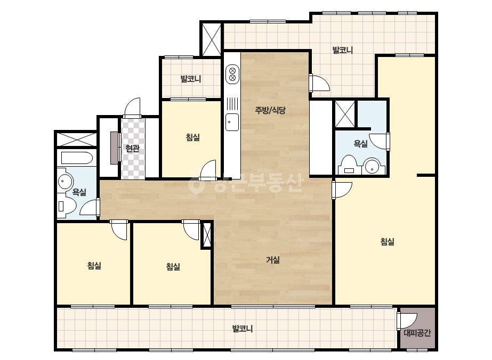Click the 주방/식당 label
coord(270,110)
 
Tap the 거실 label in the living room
coord(273,260)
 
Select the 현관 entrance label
coord(132,148)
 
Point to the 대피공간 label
coord(417,333)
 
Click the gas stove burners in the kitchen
coord(232,74)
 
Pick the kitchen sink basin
coord(232,122)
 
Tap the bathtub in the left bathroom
coord(77,158)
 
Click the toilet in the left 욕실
coord(67,206)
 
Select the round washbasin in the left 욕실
coord(64,181)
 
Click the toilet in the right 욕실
coord(349,165)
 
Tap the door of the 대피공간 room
coord(407,321)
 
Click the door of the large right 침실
coord(342,190)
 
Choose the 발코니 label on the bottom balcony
coord(242,329)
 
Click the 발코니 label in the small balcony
coord(191,79)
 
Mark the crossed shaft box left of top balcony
coord(212,39)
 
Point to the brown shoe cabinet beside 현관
coord(115,148)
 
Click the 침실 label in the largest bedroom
coord(387,241)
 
